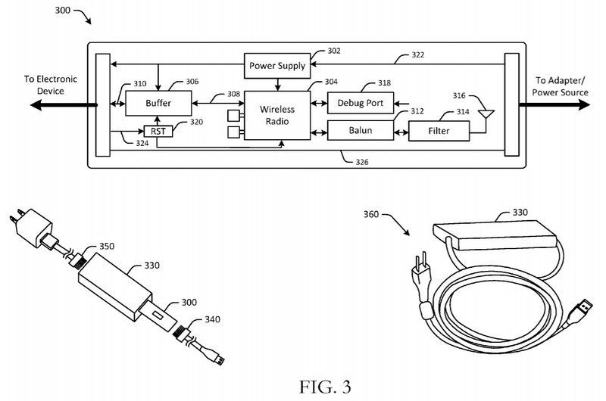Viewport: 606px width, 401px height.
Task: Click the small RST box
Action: click(x=158, y=130)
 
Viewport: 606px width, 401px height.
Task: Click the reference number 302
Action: click(x=333, y=51)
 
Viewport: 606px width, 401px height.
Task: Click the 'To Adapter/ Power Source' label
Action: click(x=564, y=86)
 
